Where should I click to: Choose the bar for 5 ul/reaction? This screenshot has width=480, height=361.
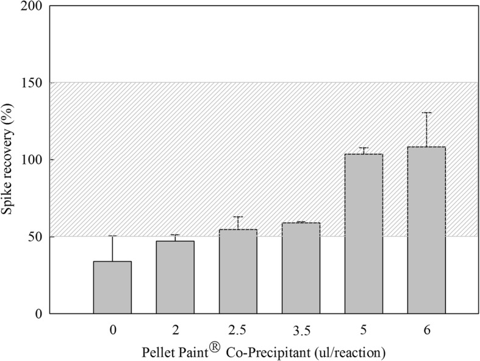click(x=364, y=234)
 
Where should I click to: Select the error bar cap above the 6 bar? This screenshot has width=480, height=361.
click(x=426, y=113)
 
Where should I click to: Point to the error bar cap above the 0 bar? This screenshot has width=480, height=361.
click(x=112, y=236)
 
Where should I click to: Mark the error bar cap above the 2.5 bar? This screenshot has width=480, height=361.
click(x=238, y=217)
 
